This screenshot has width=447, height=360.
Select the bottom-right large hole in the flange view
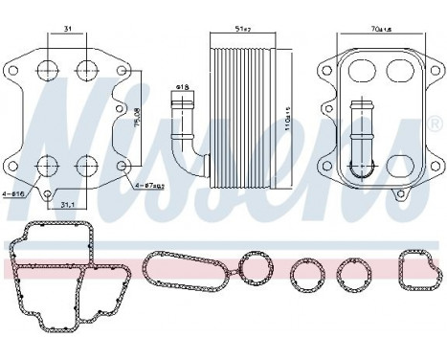pyautogui.click(x=86, y=169)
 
